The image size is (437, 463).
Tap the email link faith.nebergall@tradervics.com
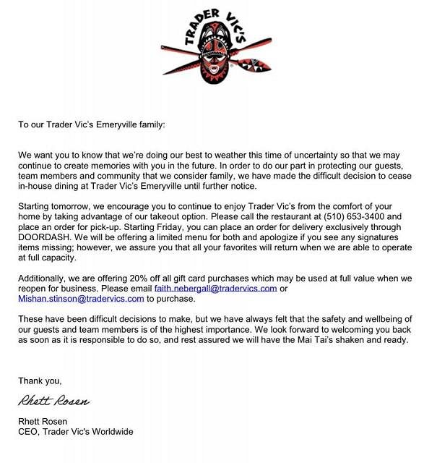pyautogui.click(x=215, y=288)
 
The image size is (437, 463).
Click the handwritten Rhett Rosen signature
pyautogui.click(x=55, y=400)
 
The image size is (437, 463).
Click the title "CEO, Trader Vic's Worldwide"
pyautogui.click(x=76, y=432)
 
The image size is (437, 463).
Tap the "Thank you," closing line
pyautogui.click(x=40, y=381)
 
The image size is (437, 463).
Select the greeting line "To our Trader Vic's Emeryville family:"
pyautogui.click(x=92, y=124)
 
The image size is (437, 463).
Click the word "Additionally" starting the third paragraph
pyautogui.click(x=43, y=278)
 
